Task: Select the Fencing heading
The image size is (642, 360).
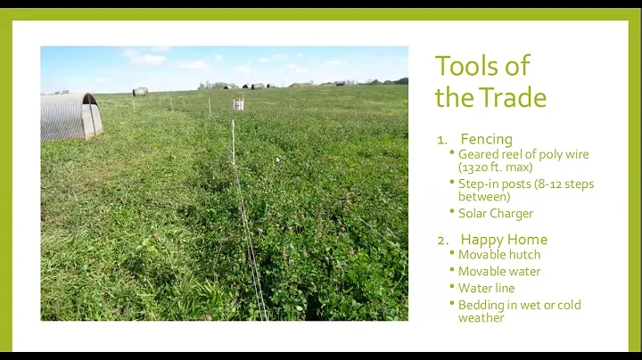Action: [x=486, y=139]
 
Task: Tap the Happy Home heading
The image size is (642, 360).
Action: [x=504, y=239]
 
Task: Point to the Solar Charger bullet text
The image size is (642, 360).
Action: [x=496, y=214]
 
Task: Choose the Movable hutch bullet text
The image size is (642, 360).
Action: [x=499, y=254]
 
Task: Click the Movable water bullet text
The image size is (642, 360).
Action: [x=499, y=271]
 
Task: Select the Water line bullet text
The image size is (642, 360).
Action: [x=486, y=288]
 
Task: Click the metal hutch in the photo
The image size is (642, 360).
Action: [x=70, y=116]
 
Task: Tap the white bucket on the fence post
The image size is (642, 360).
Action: [x=239, y=103]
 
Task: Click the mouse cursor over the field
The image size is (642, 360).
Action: [x=277, y=160]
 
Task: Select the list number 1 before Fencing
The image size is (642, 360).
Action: [x=441, y=140]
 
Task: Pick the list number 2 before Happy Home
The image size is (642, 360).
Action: [x=441, y=240]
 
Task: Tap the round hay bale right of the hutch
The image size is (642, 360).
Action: [x=140, y=91]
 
